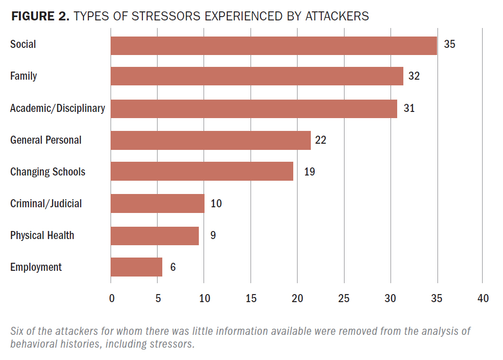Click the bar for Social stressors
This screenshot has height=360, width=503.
[273, 46]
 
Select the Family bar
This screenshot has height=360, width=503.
[257, 76]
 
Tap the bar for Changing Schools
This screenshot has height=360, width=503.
[202, 171]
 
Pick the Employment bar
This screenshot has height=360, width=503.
[136, 267]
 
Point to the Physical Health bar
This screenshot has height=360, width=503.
[155, 235]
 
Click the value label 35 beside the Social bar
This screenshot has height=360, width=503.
[449, 45]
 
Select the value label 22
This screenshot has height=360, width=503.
[321, 140]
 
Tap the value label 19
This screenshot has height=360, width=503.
[309, 172]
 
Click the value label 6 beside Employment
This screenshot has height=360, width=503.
[173, 268]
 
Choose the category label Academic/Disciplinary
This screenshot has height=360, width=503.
[57, 108]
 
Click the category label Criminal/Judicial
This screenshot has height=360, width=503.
[46, 203]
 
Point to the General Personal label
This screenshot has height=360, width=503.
[46, 140]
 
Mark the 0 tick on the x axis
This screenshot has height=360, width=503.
[112, 298]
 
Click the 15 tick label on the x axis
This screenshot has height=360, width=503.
[251, 298]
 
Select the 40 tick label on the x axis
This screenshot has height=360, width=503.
[483, 298]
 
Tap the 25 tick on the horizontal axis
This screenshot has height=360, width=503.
[344, 298]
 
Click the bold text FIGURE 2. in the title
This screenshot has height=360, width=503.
[40, 17]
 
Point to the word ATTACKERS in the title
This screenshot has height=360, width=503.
[336, 17]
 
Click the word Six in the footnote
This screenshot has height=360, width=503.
[18, 331]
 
